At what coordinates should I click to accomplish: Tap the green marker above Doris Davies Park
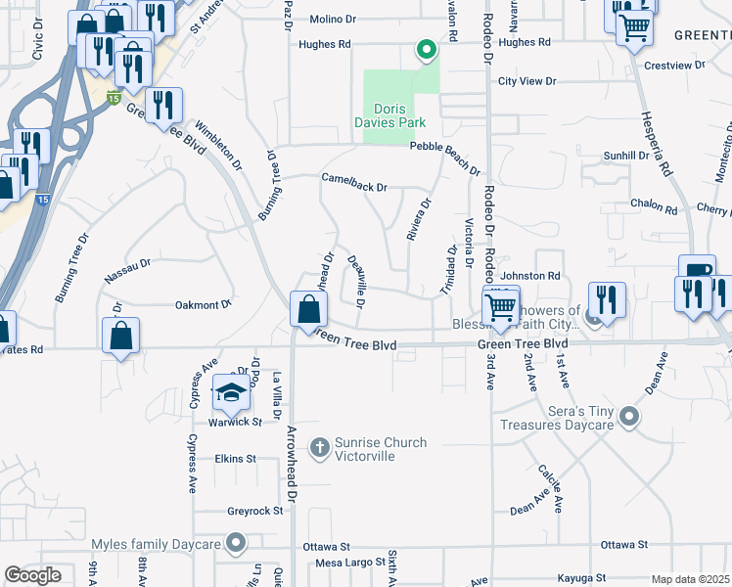(x=426, y=50)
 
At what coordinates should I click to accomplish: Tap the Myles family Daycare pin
(x=236, y=542)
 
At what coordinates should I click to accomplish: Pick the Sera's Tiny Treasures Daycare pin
(x=629, y=418)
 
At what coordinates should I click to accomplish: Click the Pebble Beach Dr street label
(x=444, y=146)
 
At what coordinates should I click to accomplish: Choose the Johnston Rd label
(x=529, y=276)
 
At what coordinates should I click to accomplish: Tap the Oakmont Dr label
(x=203, y=305)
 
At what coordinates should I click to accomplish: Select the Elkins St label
(x=235, y=458)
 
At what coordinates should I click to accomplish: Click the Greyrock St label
(x=254, y=511)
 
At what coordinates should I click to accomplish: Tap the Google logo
(x=32, y=575)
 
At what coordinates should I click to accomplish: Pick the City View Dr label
(x=526, y=81)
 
